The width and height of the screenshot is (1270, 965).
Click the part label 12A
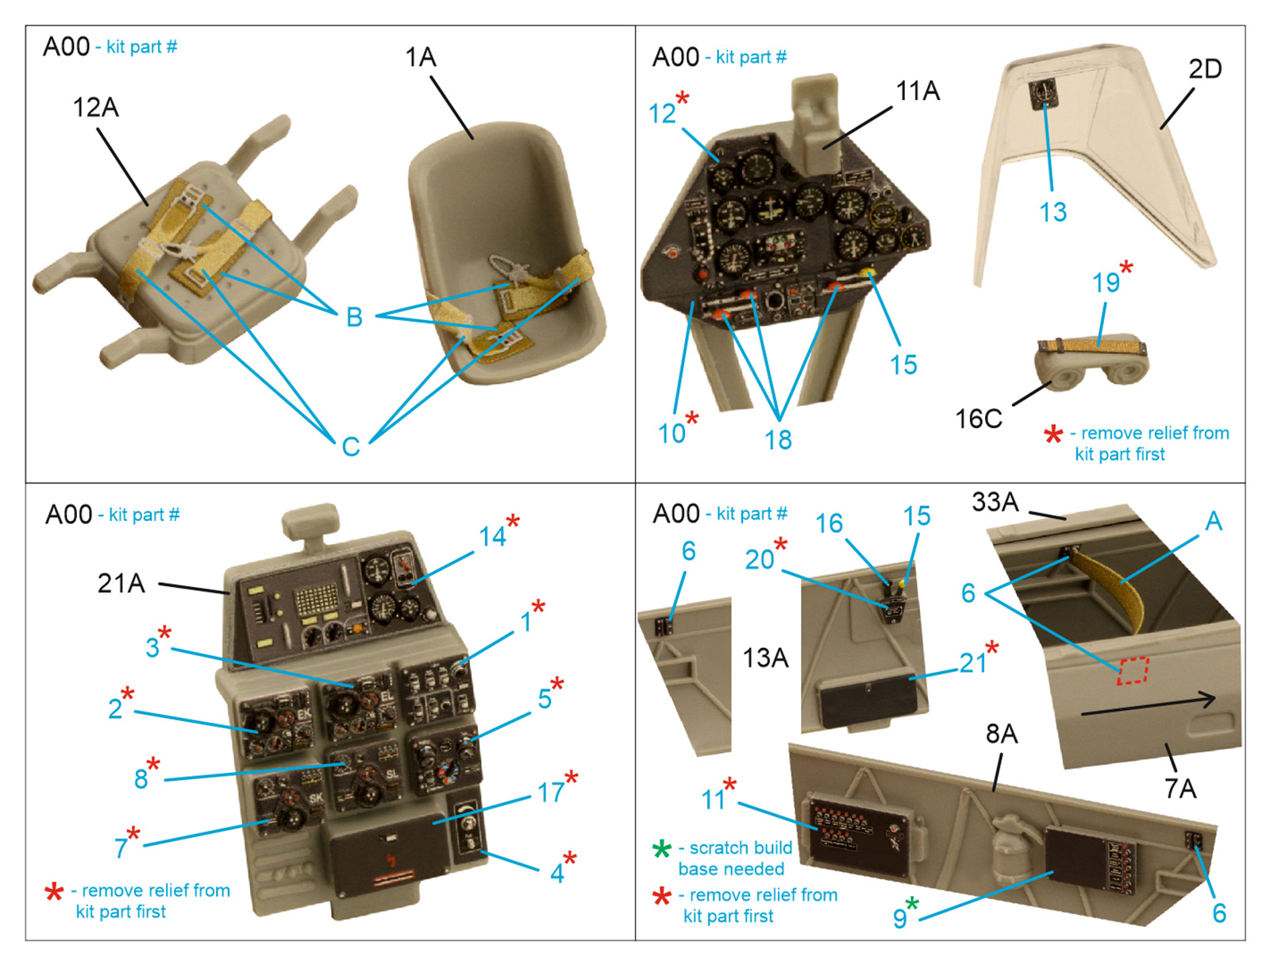pos(95,107)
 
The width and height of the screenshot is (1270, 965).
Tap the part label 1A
pos(420,57)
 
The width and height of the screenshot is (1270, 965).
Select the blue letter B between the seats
pos(354,318)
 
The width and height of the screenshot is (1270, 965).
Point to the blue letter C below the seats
pos(351,447)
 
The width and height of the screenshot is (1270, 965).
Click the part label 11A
pos(918,91)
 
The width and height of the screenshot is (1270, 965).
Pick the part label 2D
pos(1204,70)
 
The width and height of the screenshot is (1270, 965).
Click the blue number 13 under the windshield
pos(1053,212)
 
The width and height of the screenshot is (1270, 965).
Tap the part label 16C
pos(978,419)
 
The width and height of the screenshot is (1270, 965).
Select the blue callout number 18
pos(778,439)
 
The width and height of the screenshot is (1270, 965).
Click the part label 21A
pos(121,584)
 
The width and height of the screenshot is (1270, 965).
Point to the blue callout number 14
pos(492,537)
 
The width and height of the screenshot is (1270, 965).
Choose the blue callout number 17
pos(551,792)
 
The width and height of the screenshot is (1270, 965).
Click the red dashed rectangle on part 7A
pos(1133,670)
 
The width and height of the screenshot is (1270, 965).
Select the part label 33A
pos(995,502)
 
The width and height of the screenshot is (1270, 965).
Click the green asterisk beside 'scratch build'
pos(661,849)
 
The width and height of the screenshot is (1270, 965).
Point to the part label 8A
pos(1001,734)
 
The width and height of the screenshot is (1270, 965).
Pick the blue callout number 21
pos(972,662)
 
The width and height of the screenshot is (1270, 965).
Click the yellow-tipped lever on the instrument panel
pos(871,272)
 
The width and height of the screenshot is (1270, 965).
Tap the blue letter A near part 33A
pos(1213,522)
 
